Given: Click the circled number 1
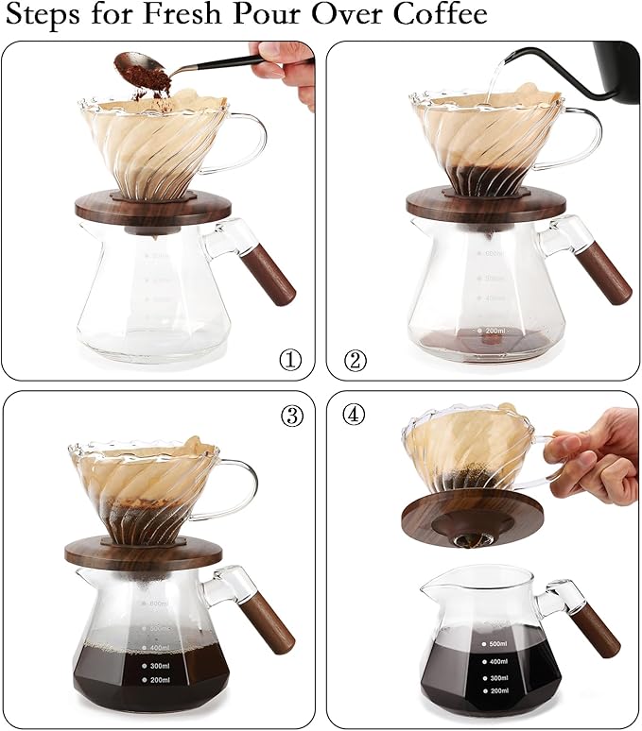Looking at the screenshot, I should (289, 360).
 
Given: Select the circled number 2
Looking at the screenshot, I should (355, 360).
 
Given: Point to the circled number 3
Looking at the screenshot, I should (288, 416).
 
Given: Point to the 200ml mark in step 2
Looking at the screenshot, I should (493, 331).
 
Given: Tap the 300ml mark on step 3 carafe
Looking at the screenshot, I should (158, 665).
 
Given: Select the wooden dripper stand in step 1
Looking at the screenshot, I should (155, 209).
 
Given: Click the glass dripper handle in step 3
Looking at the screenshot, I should (237, 487).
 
